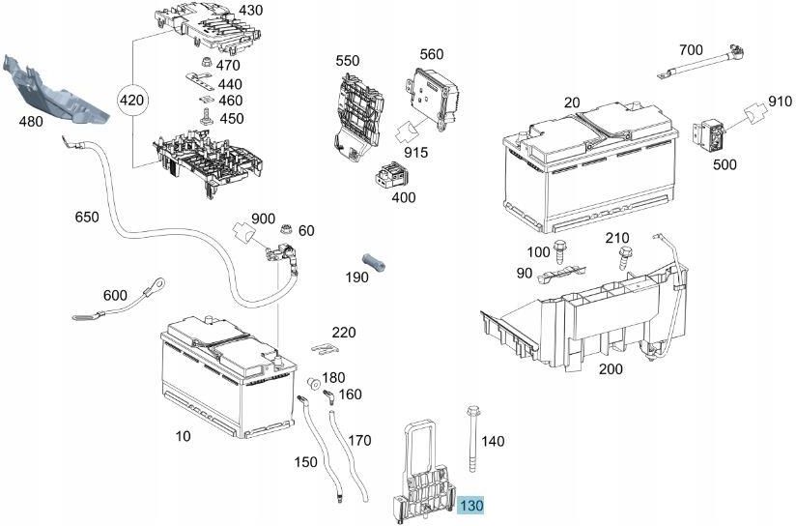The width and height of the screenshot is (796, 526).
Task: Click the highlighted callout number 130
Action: tap(470, 506)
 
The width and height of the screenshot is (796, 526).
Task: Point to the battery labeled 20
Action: tap(588, 168)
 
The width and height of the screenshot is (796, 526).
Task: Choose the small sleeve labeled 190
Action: tap(374, 264)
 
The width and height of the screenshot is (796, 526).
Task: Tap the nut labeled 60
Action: tap(285, 231)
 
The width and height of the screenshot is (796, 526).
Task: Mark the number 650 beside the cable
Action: tap(87, 218)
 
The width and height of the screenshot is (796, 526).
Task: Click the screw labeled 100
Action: tap(561, 250)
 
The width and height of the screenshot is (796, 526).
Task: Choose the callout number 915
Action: tap(416, 153)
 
